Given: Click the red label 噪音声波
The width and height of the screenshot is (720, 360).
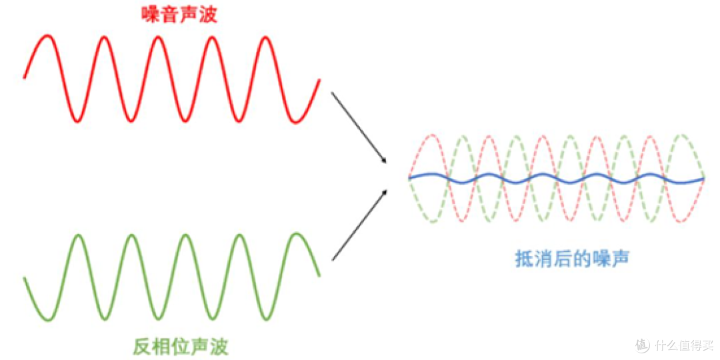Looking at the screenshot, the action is coord(179,15).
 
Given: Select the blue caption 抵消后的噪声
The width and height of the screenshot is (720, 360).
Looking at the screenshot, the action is coord(571,259).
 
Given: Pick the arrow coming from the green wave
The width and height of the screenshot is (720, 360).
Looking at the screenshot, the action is coord(359,225).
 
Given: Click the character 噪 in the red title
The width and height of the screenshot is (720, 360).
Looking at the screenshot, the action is coord(150,15).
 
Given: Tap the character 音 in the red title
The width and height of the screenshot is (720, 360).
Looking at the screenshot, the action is coord(169,15).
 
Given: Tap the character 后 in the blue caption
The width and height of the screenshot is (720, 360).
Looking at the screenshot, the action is coord(562,259).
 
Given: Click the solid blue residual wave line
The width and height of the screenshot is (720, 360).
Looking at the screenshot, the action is coord(556,179).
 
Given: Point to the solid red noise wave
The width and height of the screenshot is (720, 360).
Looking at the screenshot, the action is coord(171,79).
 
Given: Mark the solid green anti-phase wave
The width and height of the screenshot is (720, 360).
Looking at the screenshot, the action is coord(171,277).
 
